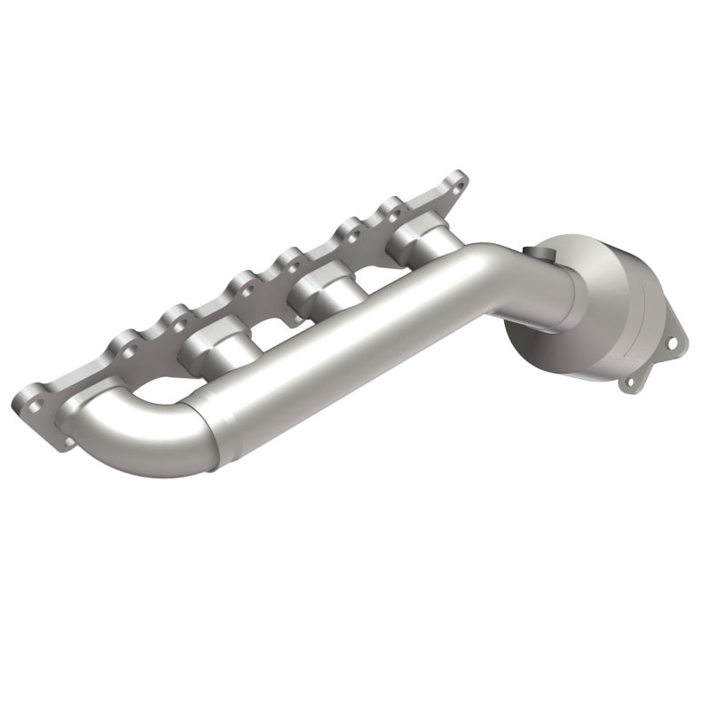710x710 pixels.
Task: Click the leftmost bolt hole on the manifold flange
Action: [x=34, y=401]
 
